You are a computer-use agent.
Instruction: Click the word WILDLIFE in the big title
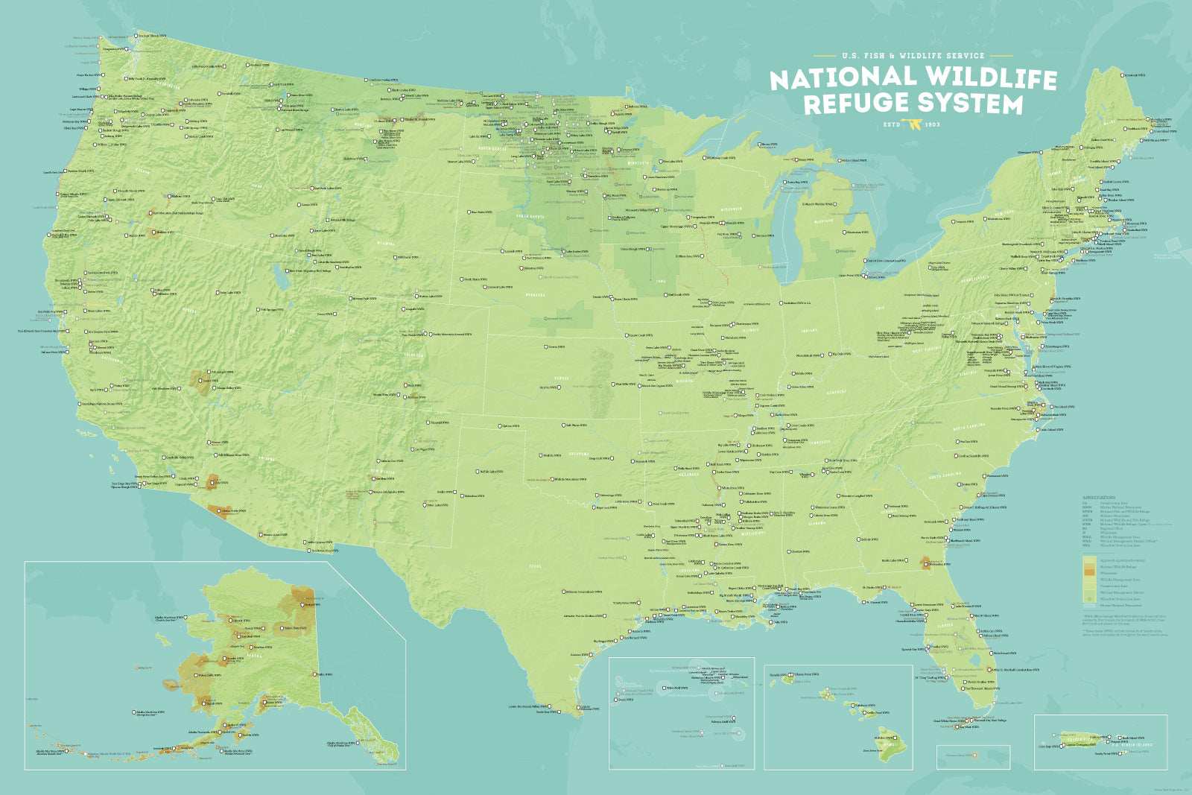990,77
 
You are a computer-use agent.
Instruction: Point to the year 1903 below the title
932,124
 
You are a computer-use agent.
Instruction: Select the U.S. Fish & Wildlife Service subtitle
913,56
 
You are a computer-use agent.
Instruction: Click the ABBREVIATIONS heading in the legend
1099,498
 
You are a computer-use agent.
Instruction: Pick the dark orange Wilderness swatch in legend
1089,572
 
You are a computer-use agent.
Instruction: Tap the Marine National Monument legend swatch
1089,606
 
